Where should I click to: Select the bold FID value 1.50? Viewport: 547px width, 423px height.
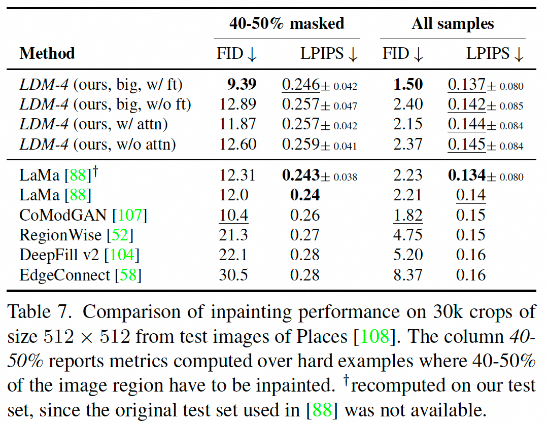[407, 85]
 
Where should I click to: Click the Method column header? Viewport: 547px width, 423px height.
[47, 53]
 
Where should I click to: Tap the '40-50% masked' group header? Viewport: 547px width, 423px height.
[287, 23]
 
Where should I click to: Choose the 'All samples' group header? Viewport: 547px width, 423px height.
[453, 23]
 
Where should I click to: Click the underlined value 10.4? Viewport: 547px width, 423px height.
[233, 215]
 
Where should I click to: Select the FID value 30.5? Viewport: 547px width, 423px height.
[233, 275]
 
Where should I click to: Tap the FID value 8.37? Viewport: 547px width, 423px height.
[407, 275]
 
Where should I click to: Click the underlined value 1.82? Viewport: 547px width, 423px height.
[407, 215]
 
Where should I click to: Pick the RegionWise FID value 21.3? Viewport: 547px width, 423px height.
[233, 235]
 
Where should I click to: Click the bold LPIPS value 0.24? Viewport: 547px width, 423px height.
[304, 195]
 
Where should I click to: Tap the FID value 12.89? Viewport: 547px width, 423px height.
[237, 104]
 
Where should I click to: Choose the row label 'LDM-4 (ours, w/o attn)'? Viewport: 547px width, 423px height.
[97, 145]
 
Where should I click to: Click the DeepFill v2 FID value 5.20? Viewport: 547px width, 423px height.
[407, 255]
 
